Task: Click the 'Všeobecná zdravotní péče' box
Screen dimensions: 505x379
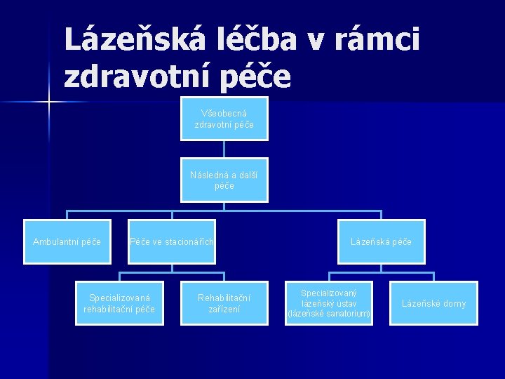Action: pyautogui.click(x=224, y=119)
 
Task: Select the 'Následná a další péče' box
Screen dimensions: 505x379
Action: pyautogui.click(x=224, y=180)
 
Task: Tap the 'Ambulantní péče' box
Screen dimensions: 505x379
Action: pyautogui.click(x=67, y=242)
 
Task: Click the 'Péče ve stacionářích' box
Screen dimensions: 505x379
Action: pyautogui.click(x=172, y=242)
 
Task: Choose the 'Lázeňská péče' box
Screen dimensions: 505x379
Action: pyautogui.click(x=381, y=242)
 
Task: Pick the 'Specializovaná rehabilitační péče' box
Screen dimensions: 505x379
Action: pyautogui.click(x=119, y=303)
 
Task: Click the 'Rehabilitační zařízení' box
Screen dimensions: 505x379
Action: pyautogui.click(x=224, y=303)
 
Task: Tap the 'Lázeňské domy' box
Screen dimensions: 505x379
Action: pyautogui.click(x=433, y=303)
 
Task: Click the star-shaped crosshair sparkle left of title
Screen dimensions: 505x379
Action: pyautogui.click(x=48, y=102)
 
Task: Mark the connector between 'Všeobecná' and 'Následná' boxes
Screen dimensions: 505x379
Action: pyautogui.click(x=224, y=149)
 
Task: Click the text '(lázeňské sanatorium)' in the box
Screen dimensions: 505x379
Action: pyautogui.click(x=329, y=314)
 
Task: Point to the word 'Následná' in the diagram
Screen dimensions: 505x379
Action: pyautogui.click(x=207, y=175)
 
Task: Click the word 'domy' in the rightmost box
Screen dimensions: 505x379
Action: pyautogui.click(x=453, y=303)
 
